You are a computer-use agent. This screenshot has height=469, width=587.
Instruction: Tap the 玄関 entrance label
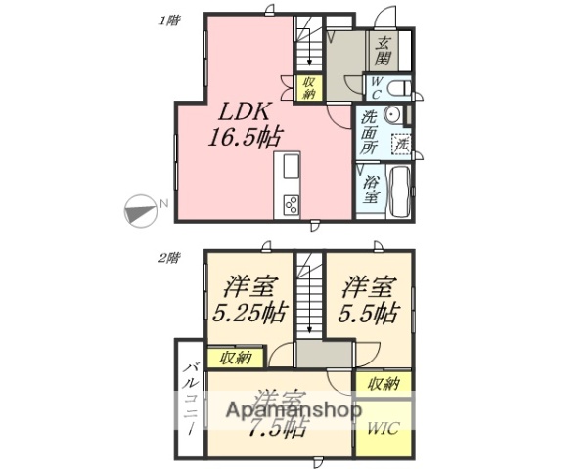(384, 51)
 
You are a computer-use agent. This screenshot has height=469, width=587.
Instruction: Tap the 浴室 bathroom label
(372, 189)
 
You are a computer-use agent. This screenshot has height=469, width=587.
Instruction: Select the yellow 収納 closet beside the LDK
(308, 88)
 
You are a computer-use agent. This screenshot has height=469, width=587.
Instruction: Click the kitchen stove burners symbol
(292, 204)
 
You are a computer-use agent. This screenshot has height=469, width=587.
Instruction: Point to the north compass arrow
(142, 208)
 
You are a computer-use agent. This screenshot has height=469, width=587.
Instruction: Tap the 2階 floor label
(169, 259)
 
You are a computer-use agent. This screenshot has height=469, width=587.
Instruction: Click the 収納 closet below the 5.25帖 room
(235, 358)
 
